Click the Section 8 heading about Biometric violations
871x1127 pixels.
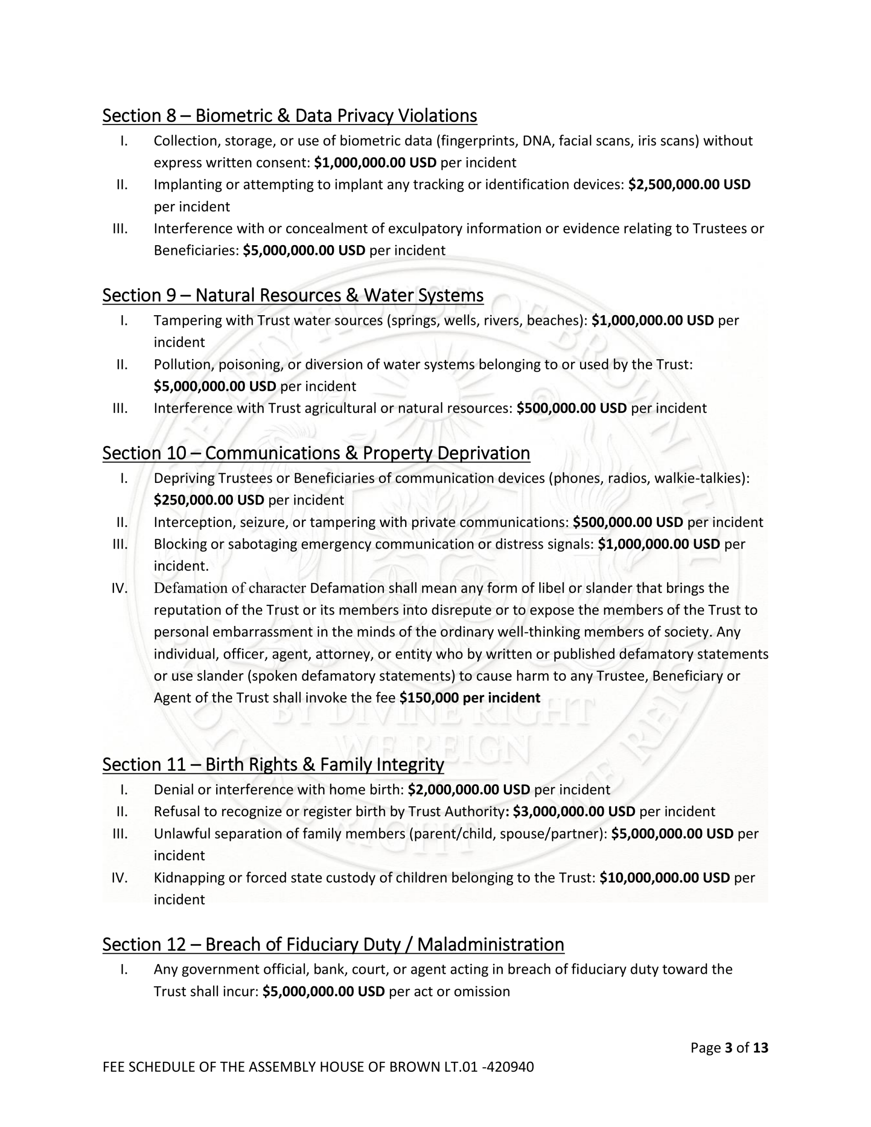pos(289,116)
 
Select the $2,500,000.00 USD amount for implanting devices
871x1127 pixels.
pos(689,185)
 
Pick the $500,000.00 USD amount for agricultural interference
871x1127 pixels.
pos(571,408)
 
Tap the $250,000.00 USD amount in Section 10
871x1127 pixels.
pos(209,500)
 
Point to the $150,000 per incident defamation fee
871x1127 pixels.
pos(469,698)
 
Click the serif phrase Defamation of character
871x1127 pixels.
pos(230,588)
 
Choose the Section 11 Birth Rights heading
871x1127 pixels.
pos(273,764)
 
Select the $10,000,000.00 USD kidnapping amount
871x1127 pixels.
pos(664,878)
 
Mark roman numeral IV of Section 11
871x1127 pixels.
pos(119,878)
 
